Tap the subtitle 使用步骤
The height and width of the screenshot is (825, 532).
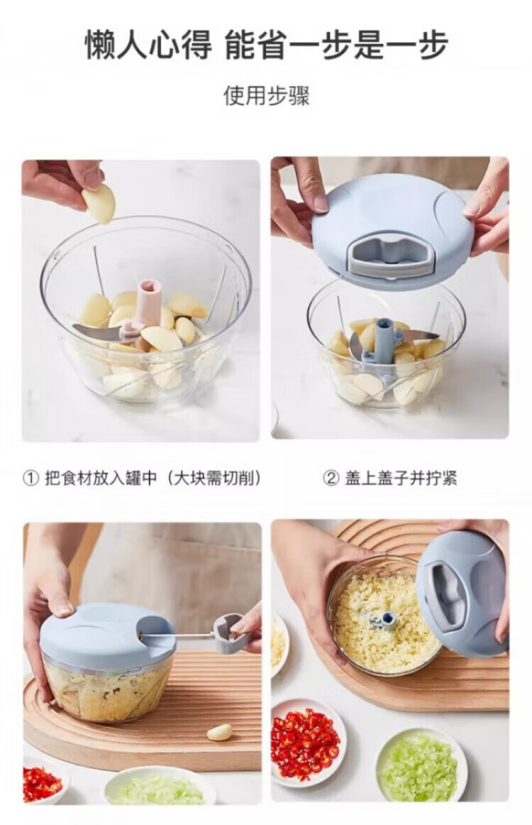(267, 96)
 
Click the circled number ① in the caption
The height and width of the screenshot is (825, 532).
(31, 479)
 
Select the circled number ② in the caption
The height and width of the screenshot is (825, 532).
(330, 479)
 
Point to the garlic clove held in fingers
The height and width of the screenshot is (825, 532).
(99, 203)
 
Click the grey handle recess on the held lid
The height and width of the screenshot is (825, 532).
(392, 254)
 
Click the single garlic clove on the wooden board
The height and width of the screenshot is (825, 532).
(219, 732)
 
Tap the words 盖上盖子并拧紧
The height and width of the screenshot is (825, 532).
(401, 479)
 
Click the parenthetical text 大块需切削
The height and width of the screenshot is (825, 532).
(216, 479)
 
